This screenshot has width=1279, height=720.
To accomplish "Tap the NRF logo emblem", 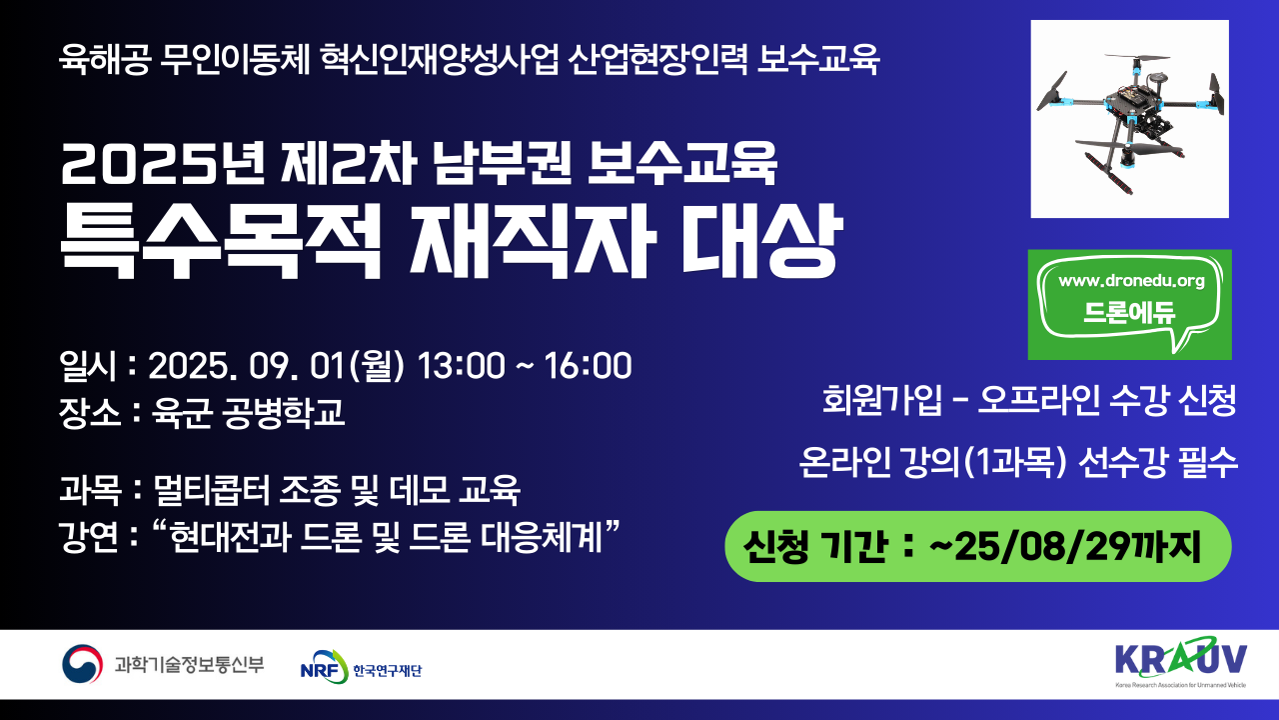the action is [x=325, y=666].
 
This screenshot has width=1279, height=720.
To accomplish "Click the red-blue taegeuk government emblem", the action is [x=82, y=664].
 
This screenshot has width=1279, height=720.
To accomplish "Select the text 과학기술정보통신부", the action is [x=189, y=665].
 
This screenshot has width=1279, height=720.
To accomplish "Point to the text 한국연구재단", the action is [x=387, y=670].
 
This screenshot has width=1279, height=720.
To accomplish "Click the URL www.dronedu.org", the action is [x=1132, y=281].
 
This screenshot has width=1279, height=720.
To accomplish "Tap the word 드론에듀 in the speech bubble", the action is [x=1129, y=313].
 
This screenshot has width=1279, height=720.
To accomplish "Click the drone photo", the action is [x=1129, y=119].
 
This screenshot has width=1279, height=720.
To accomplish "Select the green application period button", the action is [x=977, y=546].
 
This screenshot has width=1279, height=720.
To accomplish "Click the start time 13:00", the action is [x=462, y=365].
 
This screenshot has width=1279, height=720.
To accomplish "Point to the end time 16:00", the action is [x=589, y=365].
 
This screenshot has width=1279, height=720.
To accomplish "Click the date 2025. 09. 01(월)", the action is [x=277, y=366].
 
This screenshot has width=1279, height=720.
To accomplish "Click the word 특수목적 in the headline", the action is [x=221, y=240].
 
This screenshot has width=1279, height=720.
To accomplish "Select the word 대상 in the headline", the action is [x=761, y=240].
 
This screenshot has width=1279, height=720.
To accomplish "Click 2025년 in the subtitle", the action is [x=162, y=163].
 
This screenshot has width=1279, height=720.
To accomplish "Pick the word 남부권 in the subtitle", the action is [x=502, y=163].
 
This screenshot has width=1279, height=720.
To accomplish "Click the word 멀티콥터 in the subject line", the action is [x=211, y=490].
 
